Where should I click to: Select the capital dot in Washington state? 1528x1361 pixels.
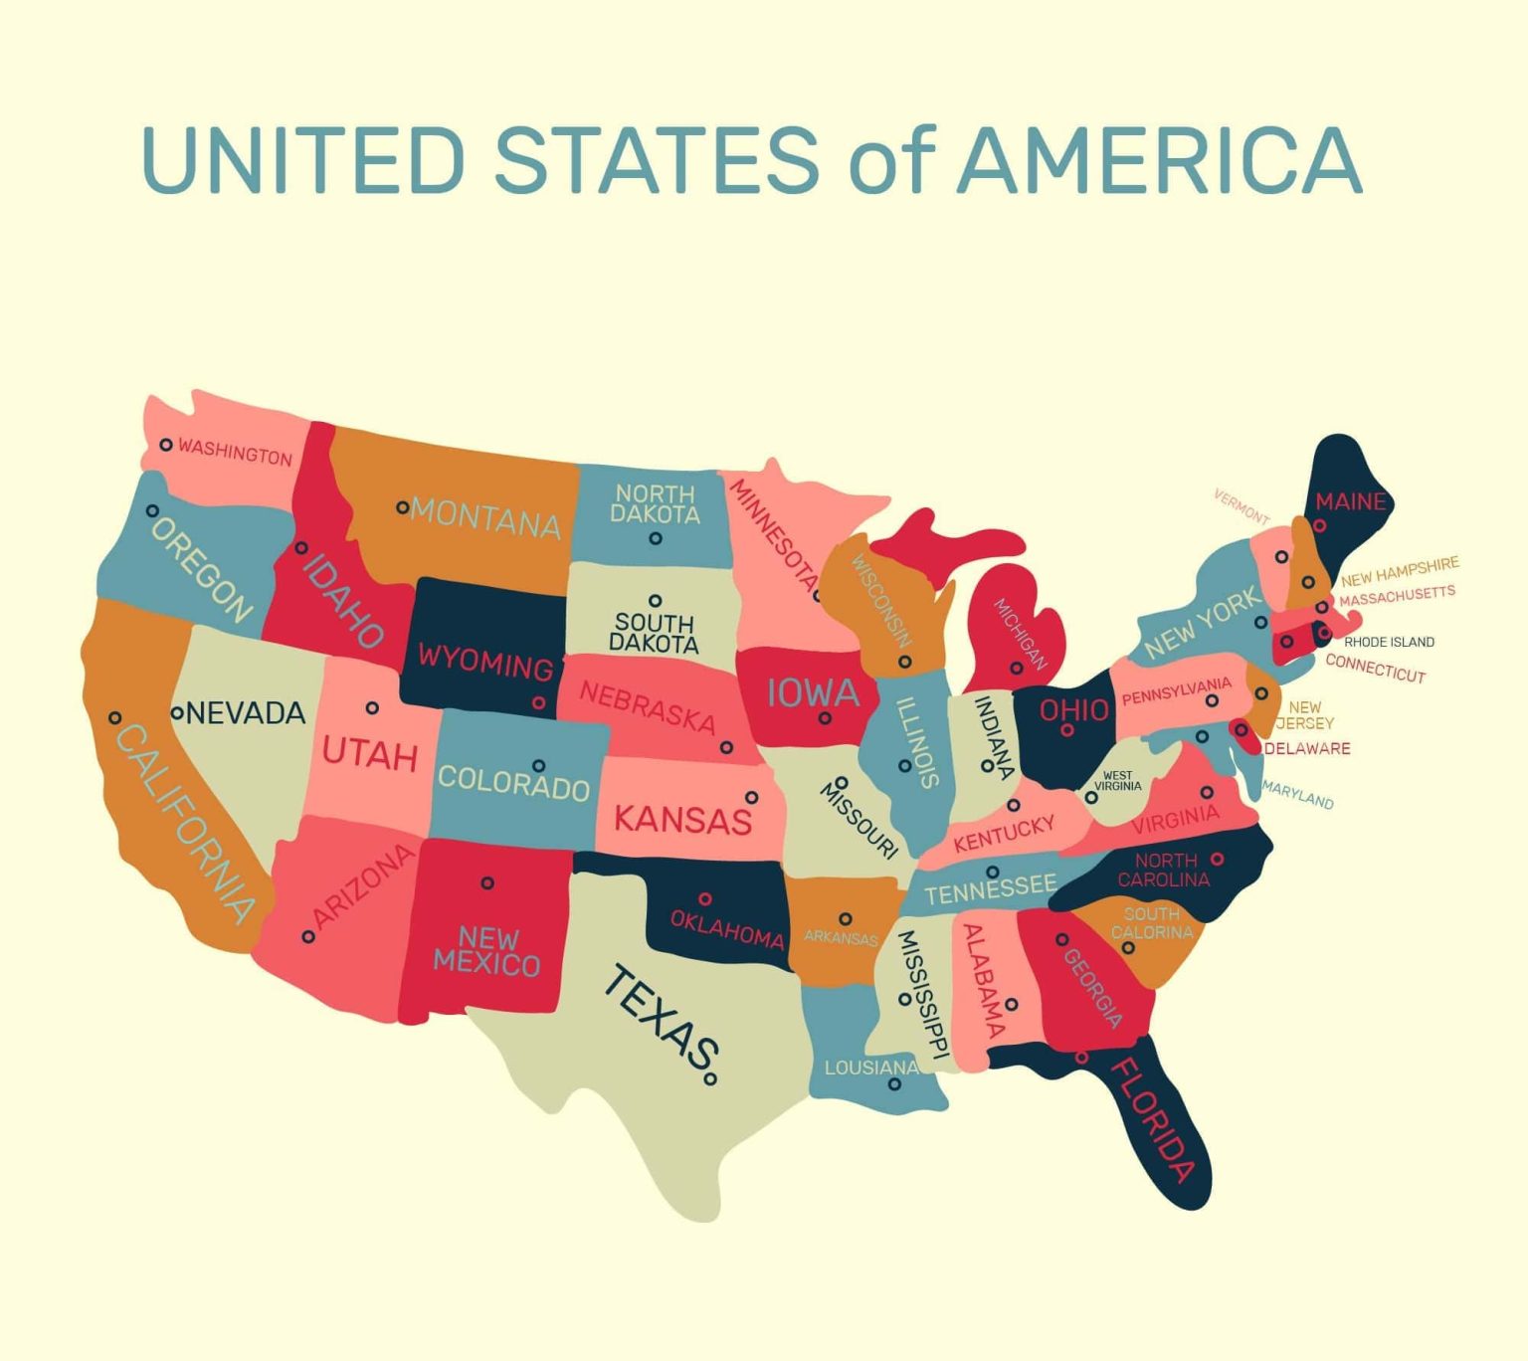[x=166, y=445]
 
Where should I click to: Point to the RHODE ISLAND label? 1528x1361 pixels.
[x=1389, y=642]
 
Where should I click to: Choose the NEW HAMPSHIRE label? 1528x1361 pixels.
[x=1400, y=571]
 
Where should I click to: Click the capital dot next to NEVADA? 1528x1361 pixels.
[x=177, y=713]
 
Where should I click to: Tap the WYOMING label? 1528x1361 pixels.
[x=484, y=661]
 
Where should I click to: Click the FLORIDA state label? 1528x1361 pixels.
[x=1151, y=1119]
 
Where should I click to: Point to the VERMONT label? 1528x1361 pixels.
[x=1241, y=506]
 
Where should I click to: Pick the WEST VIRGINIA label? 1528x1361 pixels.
[x=1117, y=781]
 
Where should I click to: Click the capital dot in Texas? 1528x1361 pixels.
[x=710, y=1078]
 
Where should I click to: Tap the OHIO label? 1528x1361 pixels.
[x=1073, y=709]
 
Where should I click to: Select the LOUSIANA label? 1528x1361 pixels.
[x=870, y=1068]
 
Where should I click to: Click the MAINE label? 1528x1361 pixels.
[x=1350, y=501]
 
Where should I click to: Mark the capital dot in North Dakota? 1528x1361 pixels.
[x=655, y=538]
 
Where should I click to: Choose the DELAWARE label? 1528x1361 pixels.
[x=1307, y=748]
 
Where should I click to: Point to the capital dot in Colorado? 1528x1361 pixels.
[x=538, y=766]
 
